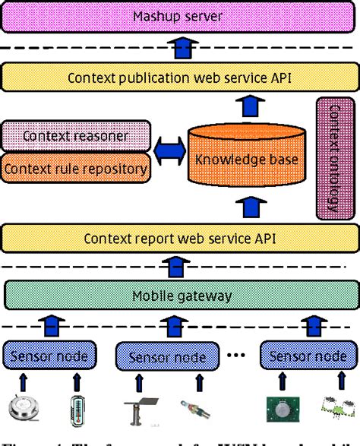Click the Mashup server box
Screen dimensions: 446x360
(x=179, y=16)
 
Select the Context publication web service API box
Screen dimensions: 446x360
(x=179, y=77)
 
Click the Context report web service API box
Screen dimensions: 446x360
(x=179, y=238)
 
